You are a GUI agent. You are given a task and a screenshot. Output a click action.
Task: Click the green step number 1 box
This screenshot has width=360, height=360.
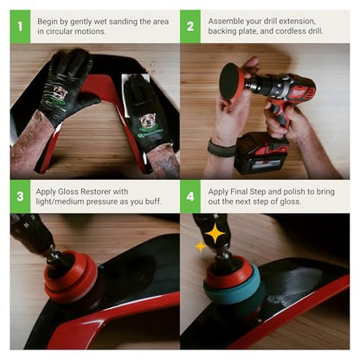coord(20,27)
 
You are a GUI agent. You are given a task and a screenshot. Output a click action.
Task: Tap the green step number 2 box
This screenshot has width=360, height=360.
coord(190,27)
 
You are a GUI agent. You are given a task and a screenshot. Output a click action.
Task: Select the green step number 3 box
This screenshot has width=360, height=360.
coord(20,196)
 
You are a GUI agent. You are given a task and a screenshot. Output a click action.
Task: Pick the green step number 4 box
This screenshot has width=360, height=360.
coord(190,196)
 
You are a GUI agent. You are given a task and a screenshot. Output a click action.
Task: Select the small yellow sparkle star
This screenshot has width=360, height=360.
coord(201,247)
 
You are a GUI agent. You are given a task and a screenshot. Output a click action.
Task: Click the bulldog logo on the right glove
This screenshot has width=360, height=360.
coord(149,121)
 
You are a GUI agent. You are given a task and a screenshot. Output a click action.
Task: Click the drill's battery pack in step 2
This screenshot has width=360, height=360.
coord(261,153)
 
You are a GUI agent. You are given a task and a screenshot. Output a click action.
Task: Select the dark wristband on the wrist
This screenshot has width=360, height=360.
coord(222,149)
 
